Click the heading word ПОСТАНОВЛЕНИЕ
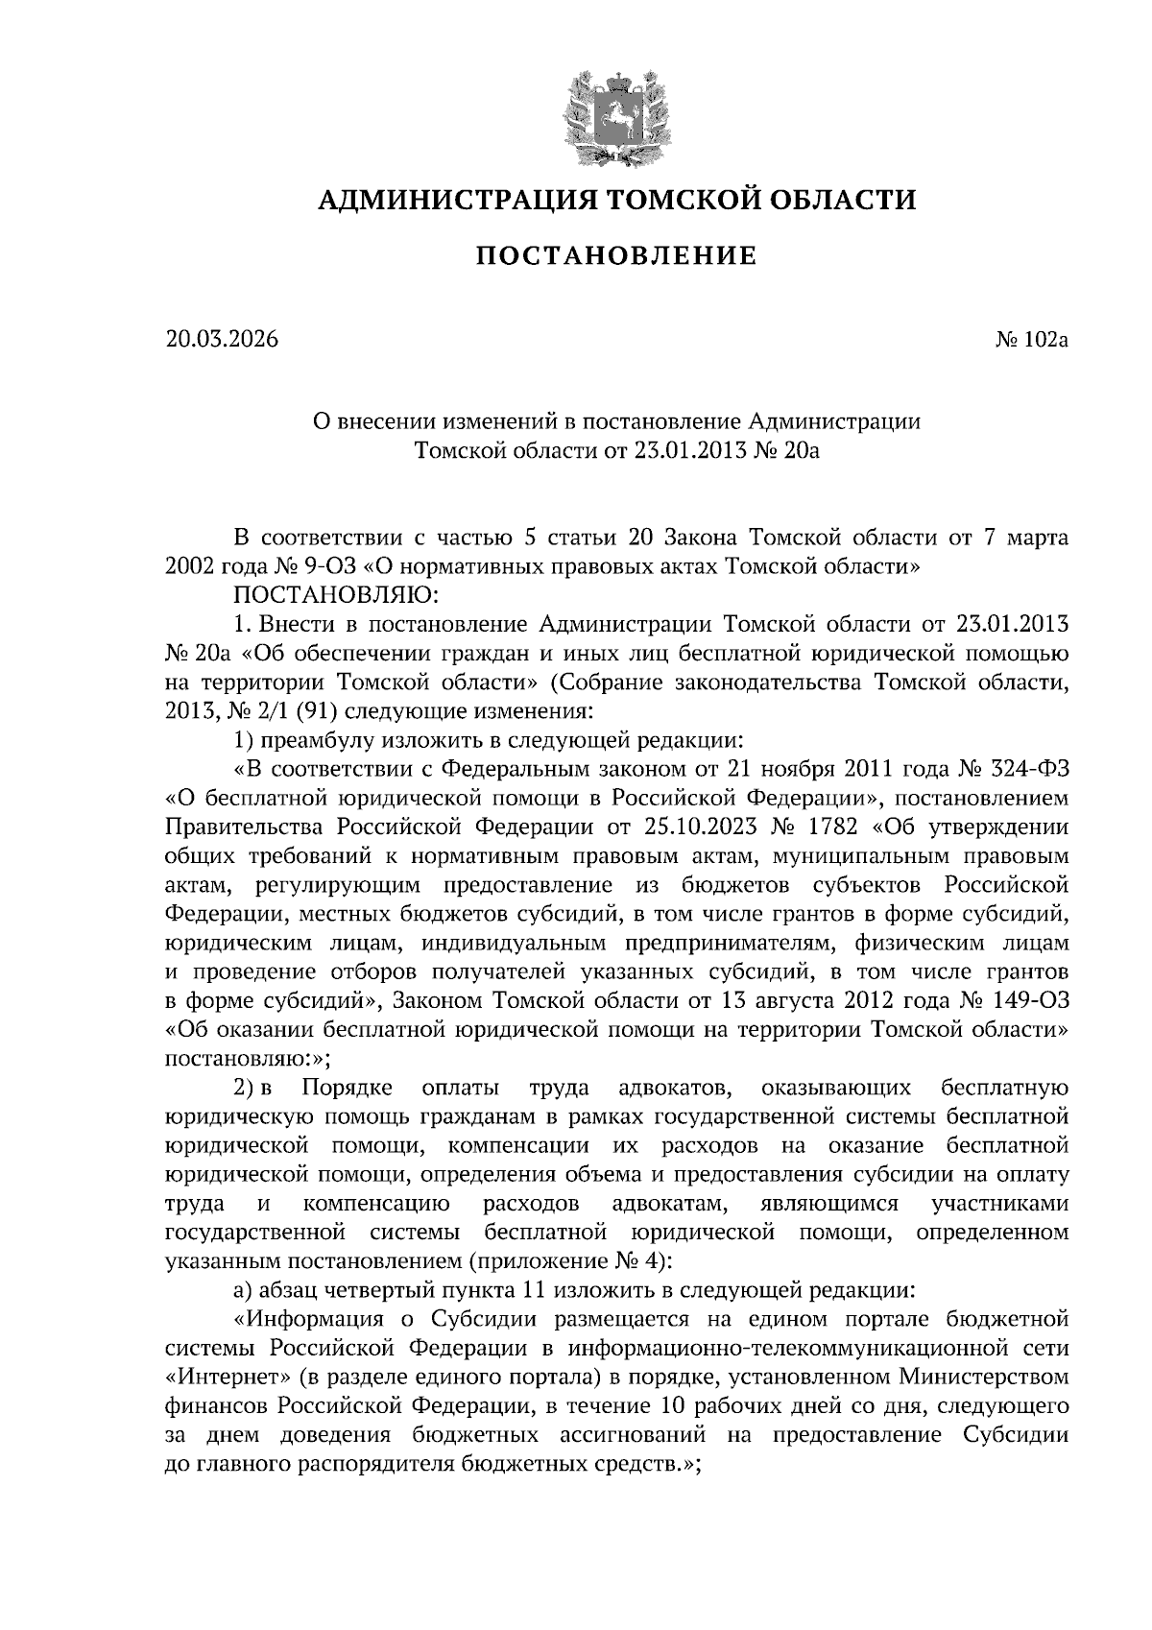click(617, 256)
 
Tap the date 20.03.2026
click(220, 339)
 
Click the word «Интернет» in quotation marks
click(228, 1377)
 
